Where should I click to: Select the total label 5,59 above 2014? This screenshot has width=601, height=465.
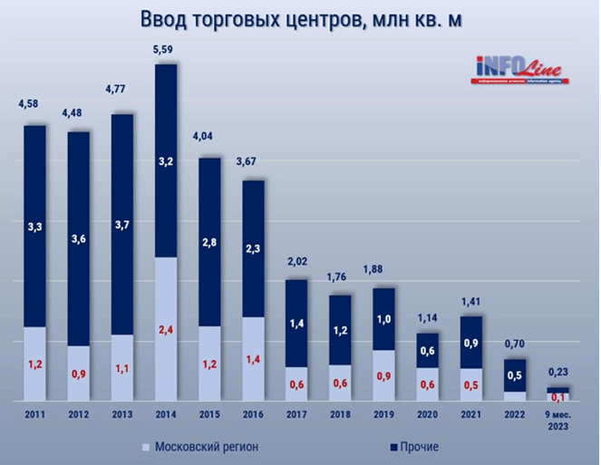click(x=165, y=49)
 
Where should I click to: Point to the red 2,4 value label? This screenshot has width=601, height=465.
click(x=165, y=329)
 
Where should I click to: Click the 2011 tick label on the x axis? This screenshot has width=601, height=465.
click(x=34, y=416)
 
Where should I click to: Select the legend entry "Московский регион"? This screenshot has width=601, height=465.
click(x=205, y=447)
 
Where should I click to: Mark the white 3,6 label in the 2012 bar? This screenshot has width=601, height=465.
click(x=78, y=239)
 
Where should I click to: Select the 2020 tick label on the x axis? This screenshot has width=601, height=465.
click(x=428, y=416)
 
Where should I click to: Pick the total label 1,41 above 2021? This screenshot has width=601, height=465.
click(x=471, y=303)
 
